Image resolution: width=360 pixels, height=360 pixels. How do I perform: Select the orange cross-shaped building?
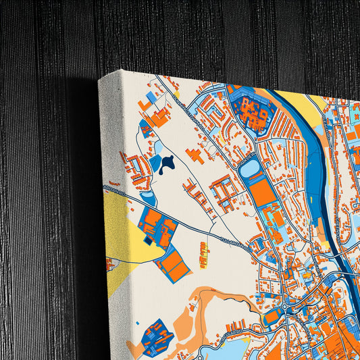(x=195, y=154)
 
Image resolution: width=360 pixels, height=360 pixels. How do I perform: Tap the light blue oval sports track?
(x=249, y=165)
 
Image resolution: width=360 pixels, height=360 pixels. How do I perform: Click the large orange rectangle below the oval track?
(x=263, y=191)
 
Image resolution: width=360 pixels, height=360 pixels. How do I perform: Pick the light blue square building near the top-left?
(x=152, y=99)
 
